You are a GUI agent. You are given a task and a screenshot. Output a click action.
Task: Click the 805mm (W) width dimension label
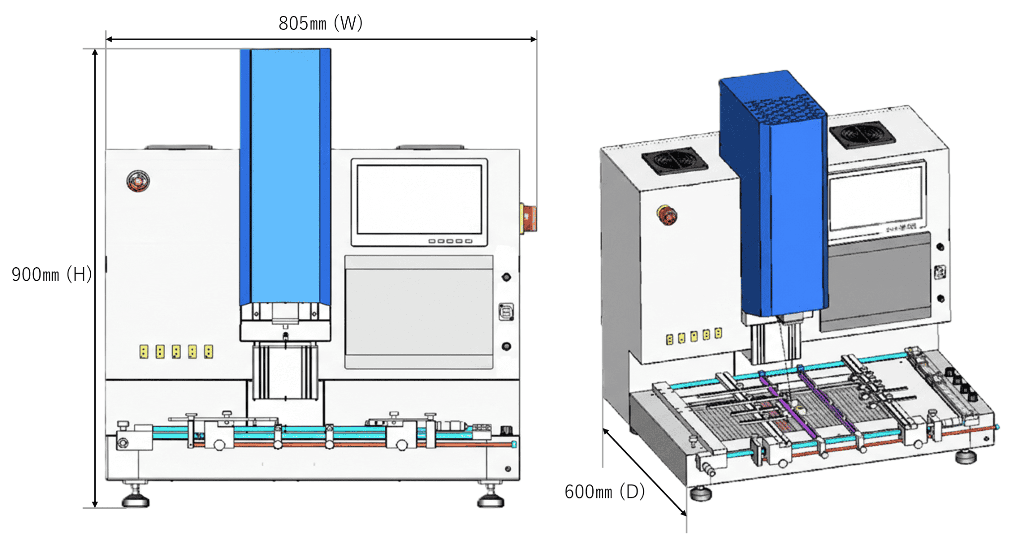coord(320,23)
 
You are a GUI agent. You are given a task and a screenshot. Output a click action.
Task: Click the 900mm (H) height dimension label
coord(52,274)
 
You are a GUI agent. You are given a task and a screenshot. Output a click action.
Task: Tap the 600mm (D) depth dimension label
coord(604,492)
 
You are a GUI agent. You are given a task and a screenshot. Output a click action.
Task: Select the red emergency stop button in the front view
coord(138,181)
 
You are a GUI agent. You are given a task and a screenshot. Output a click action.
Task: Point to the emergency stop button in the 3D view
coord(667,215)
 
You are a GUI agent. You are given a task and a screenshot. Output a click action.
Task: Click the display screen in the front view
coord(419,200)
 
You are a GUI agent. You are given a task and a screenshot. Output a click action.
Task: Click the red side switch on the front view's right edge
coord(529,217)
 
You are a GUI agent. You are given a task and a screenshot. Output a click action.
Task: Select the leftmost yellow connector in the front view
coord(144,351)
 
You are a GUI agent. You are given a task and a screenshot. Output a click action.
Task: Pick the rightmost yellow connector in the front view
coord(209,351)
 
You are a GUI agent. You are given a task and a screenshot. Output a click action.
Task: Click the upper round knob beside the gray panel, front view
coord(506,277)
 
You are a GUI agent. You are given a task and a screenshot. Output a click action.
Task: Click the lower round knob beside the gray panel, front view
coord(506,346)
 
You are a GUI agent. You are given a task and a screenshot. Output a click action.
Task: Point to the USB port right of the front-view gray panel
coord(506,312)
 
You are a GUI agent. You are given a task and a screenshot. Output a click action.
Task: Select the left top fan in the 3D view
coord(674,160)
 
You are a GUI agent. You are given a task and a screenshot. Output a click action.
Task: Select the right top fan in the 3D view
coord(862,133)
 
